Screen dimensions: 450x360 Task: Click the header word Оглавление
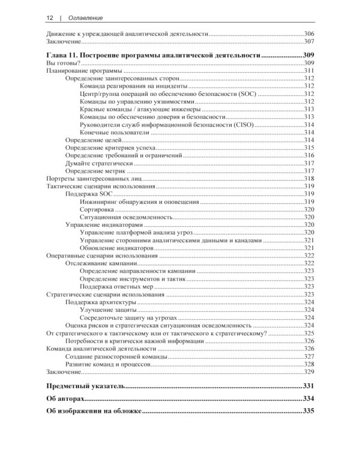coord(80,18)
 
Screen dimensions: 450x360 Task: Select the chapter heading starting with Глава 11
coord(153,55)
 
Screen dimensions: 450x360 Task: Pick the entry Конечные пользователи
coord(113,132)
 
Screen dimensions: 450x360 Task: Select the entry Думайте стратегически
coord(100,163)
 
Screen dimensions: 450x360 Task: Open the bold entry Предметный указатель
coord(86,386)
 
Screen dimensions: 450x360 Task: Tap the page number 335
coord(308,411)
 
